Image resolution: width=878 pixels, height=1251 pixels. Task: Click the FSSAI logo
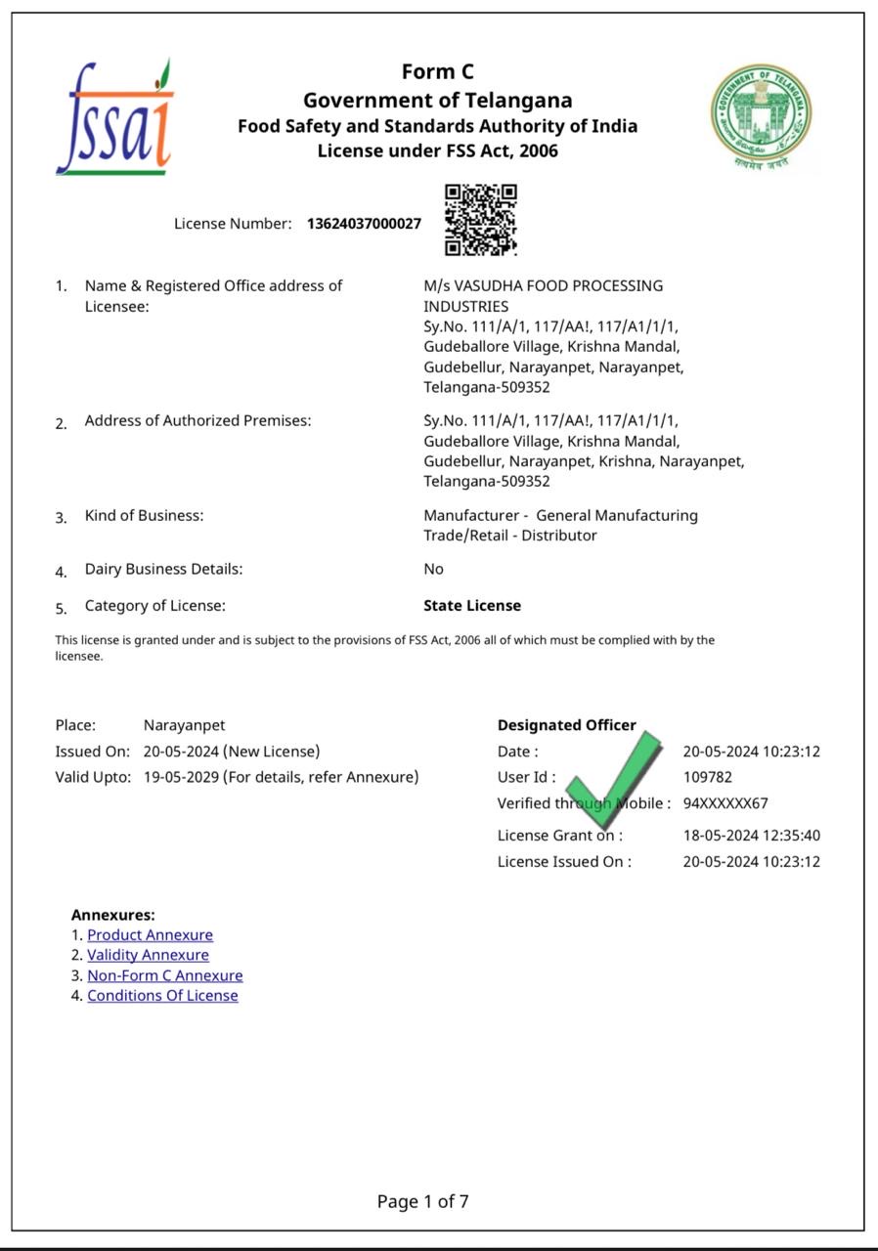115,119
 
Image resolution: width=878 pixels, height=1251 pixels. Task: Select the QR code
480,219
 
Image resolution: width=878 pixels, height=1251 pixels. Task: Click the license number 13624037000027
364,224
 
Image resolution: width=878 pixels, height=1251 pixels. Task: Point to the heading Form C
437,72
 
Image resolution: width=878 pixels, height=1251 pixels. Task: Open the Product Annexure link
150,935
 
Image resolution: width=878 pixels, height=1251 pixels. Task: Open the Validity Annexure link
148,955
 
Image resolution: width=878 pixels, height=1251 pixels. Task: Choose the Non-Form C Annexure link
164,975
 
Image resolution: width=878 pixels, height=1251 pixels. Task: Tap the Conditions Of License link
162,996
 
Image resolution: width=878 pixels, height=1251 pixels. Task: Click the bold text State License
471,606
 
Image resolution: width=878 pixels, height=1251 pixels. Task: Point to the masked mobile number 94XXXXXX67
724,803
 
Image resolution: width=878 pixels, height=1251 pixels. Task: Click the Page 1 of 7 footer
422,1201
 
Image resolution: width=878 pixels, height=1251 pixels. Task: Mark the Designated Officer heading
566,725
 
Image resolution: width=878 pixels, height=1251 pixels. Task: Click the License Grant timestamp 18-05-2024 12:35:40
751,836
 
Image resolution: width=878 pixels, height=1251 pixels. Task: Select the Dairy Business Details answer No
433,569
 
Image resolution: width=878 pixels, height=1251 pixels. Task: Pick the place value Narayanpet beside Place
184,725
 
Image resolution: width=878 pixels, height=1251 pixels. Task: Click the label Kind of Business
144,515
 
